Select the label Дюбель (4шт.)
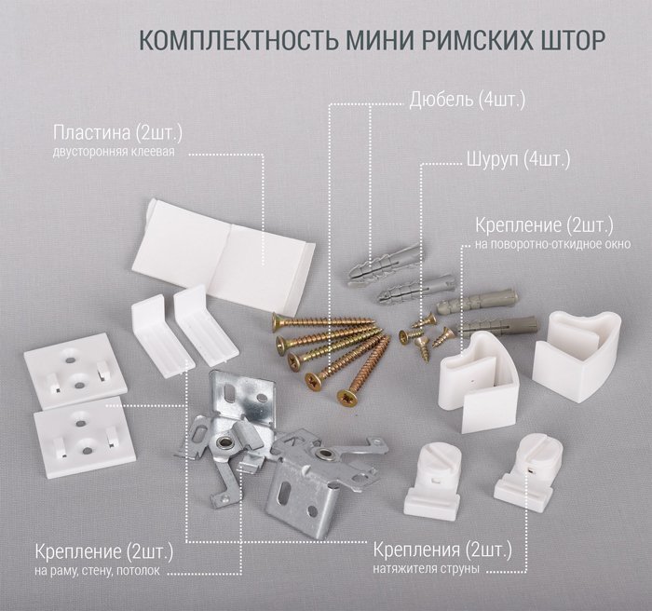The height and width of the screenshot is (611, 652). pos(467,101)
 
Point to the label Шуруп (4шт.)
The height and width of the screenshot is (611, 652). pos(518,159)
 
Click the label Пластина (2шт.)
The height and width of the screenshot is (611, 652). pos(117,133)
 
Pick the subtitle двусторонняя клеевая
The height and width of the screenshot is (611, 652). pos(114,152)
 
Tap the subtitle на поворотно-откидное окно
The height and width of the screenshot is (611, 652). pos(552,244)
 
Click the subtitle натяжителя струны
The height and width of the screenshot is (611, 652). pos(426,568)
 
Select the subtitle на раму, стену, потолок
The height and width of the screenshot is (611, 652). pos(97,570)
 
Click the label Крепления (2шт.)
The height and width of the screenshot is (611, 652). pos(442,550)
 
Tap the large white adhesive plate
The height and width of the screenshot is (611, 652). pos(224,254)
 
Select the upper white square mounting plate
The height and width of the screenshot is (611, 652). pos(75,370)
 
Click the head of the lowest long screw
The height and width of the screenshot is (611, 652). pos(346,397)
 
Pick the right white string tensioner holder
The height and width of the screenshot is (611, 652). pos(528,468)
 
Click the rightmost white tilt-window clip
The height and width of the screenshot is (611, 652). pos(577,356)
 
